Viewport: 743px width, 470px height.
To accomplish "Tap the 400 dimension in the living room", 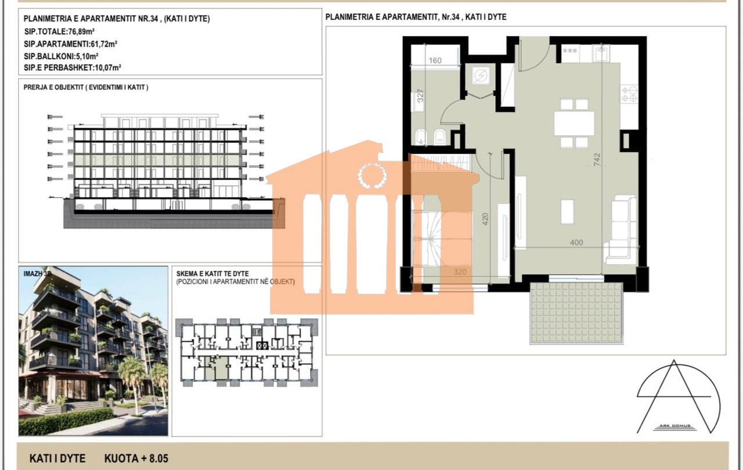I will [576, 243].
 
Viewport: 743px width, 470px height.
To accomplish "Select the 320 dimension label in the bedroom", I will [460, 271].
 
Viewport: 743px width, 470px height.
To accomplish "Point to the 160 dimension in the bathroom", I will [435, 60].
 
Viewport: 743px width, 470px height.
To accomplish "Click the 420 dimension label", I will [485, 219].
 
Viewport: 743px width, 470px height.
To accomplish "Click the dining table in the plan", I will [574, 123].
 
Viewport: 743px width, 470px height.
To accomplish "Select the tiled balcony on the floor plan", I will [576, 313].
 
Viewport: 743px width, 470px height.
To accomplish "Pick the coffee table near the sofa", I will [567, 212].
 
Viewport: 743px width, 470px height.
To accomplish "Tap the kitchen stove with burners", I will [629, 94].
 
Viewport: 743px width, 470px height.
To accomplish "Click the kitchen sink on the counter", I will [601, 53].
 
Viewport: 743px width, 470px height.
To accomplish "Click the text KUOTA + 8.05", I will [136, 458].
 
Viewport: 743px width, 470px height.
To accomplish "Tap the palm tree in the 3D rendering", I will [131, 371].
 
